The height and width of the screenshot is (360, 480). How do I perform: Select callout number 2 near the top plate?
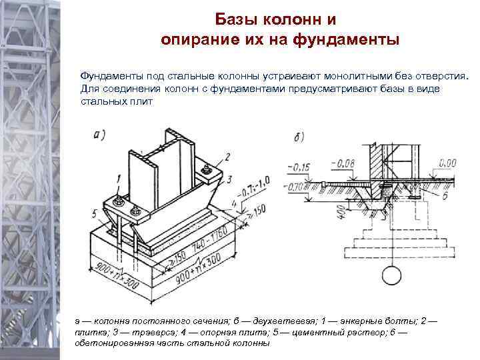(228, 156)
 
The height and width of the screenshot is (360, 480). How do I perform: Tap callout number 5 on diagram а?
(95, 213)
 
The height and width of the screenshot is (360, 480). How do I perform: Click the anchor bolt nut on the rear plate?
(205, 173)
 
